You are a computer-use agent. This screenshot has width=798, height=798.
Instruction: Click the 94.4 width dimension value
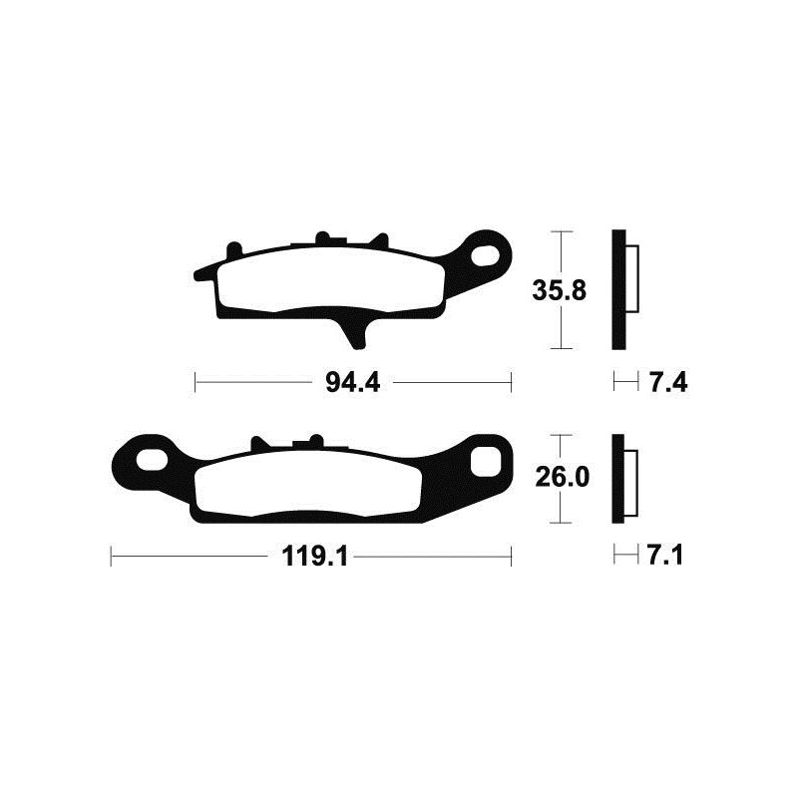[x=353, y=381]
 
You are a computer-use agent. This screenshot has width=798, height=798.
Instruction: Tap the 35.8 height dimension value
[x=559, y=291]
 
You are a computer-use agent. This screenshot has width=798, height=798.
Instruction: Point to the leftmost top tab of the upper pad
[x=233, y=246]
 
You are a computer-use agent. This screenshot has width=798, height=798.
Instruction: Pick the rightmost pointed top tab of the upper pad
[x=379, y=241]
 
